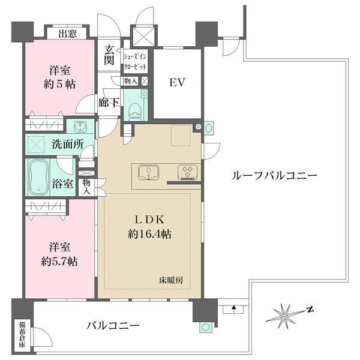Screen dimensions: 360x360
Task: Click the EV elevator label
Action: click(176, 82)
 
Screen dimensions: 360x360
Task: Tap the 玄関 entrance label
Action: click(110, 55)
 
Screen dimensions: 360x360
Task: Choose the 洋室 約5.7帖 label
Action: click(59, 254)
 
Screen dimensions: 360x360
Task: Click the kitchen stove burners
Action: click(187, 173)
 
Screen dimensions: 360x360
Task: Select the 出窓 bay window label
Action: click(67, 34)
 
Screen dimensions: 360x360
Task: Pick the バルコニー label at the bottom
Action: click(112, 326)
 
